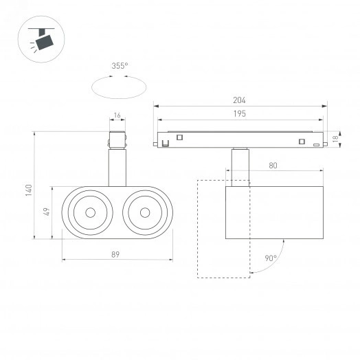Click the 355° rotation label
(x=119, y=67)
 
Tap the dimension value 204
(x=239, y=100)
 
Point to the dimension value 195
(x=239, y=113)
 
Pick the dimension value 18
(x=336, y=139)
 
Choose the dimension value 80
(x=273, y=166)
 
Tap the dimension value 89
(x=116, y=255)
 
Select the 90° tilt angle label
(x=270, y=259)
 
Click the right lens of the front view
(x=144, y=212)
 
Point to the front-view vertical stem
(x=117, y=168)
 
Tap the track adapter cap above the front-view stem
(x=117, y=138)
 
